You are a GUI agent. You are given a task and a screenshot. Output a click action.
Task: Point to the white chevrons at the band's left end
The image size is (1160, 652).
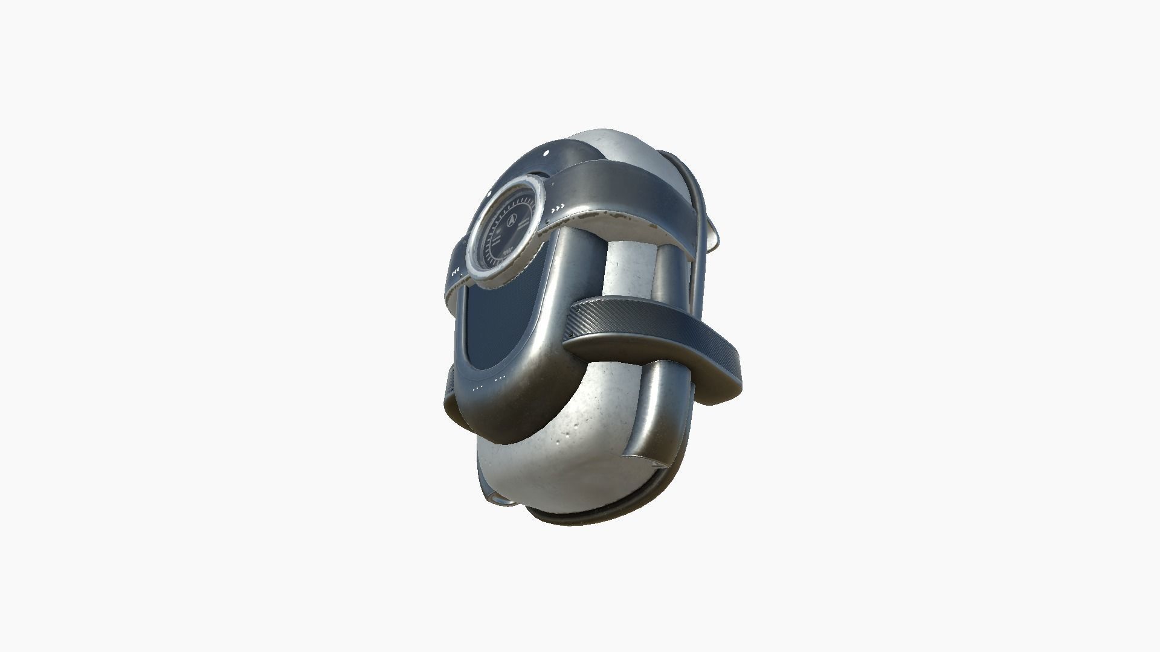[457, 269]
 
